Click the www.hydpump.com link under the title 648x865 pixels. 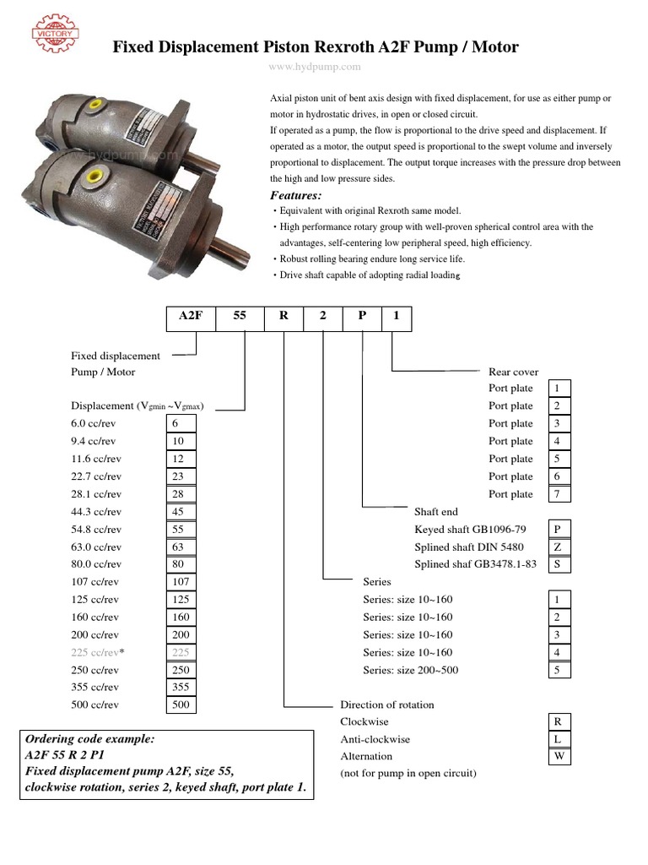315,66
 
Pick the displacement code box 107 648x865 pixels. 181,581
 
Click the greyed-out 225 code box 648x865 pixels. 181,651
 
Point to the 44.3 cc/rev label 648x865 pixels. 97,511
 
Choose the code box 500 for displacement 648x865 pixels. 181,705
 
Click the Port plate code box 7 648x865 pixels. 558,494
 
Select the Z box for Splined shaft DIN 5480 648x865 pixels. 558,547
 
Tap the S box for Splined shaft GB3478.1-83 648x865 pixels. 558,564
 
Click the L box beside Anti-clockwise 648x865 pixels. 558,739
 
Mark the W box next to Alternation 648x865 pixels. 558,757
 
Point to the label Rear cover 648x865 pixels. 513,372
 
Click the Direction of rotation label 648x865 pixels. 386,705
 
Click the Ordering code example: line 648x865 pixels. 90,738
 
